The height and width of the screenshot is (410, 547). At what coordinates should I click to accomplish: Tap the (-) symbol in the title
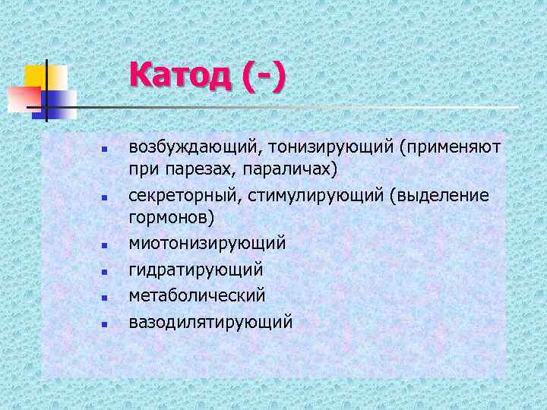click(264, 76)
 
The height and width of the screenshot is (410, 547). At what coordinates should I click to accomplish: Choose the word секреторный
click(183, 196)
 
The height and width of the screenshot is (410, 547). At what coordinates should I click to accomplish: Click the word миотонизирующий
click(207, 244)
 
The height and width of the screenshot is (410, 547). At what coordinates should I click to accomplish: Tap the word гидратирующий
click(195, 270)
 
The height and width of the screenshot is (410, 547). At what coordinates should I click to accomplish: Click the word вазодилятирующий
click(210, 321)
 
